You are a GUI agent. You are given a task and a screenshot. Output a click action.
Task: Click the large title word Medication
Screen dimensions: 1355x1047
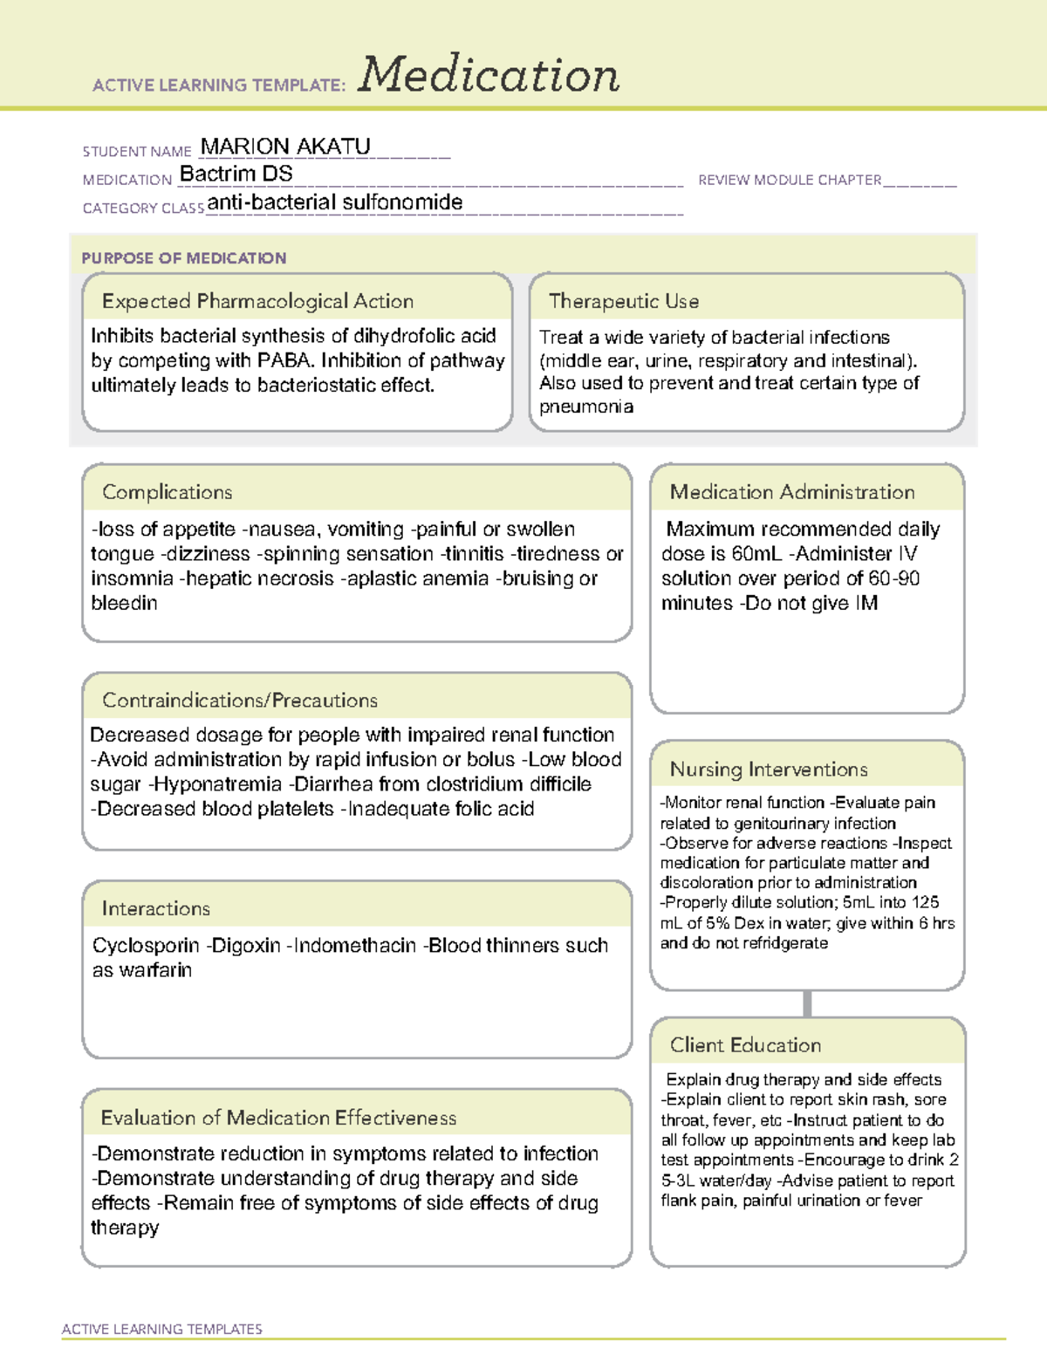pos(489,75)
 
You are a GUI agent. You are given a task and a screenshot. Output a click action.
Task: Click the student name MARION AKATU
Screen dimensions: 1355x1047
pos(285,147)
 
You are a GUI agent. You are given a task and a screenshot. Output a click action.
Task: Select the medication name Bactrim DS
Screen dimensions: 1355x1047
pos(236,175)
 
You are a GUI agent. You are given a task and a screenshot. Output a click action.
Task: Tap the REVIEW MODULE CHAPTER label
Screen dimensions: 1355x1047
pos(790,180)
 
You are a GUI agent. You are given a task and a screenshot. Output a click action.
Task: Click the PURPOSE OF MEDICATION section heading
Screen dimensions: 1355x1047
pos(184,258)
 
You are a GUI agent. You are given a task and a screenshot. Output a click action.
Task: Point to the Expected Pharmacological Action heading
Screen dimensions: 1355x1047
pos(257,301)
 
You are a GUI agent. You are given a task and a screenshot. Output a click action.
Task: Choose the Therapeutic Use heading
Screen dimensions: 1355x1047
pos(623,301)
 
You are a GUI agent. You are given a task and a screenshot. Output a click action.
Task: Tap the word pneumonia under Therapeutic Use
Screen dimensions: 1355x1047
pos(586,407)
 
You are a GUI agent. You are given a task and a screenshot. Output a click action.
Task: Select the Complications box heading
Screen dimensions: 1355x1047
pos(167,492)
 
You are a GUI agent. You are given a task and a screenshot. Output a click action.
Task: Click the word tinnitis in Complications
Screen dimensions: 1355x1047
pos(475,554)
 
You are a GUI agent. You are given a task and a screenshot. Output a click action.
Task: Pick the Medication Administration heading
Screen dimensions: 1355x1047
pos(792,492)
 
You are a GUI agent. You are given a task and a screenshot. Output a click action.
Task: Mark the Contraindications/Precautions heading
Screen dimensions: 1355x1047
pos(240,700)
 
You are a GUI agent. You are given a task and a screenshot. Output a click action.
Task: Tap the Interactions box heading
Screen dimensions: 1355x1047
pos(155,908)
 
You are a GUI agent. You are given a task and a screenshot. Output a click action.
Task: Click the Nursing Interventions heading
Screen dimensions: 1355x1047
pos(769,769)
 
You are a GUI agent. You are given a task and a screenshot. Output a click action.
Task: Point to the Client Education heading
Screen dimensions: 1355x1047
pos(745,1045)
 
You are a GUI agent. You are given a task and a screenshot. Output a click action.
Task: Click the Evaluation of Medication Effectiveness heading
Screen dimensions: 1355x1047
pos(278,1118)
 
